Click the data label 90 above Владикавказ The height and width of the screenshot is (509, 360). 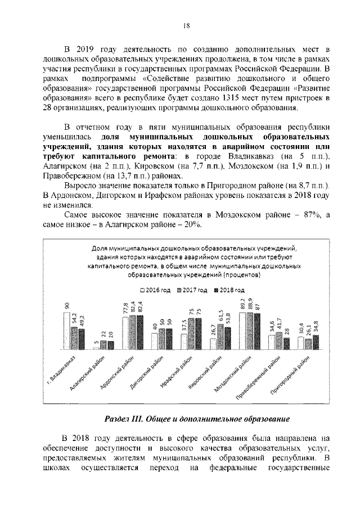click(66, 305)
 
